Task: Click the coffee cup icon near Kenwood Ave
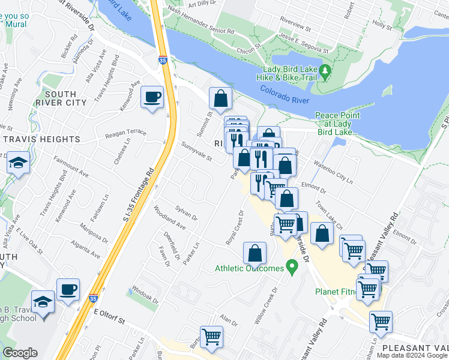point(152,97)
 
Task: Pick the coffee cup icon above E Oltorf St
point(68,289)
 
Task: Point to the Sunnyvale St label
point(196,152)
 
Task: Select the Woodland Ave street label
point(169,218)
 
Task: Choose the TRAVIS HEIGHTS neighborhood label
point(42,139)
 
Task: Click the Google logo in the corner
point(20,353)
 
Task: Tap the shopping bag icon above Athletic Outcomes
point(255,253)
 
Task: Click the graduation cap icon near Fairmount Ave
point(18,163)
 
